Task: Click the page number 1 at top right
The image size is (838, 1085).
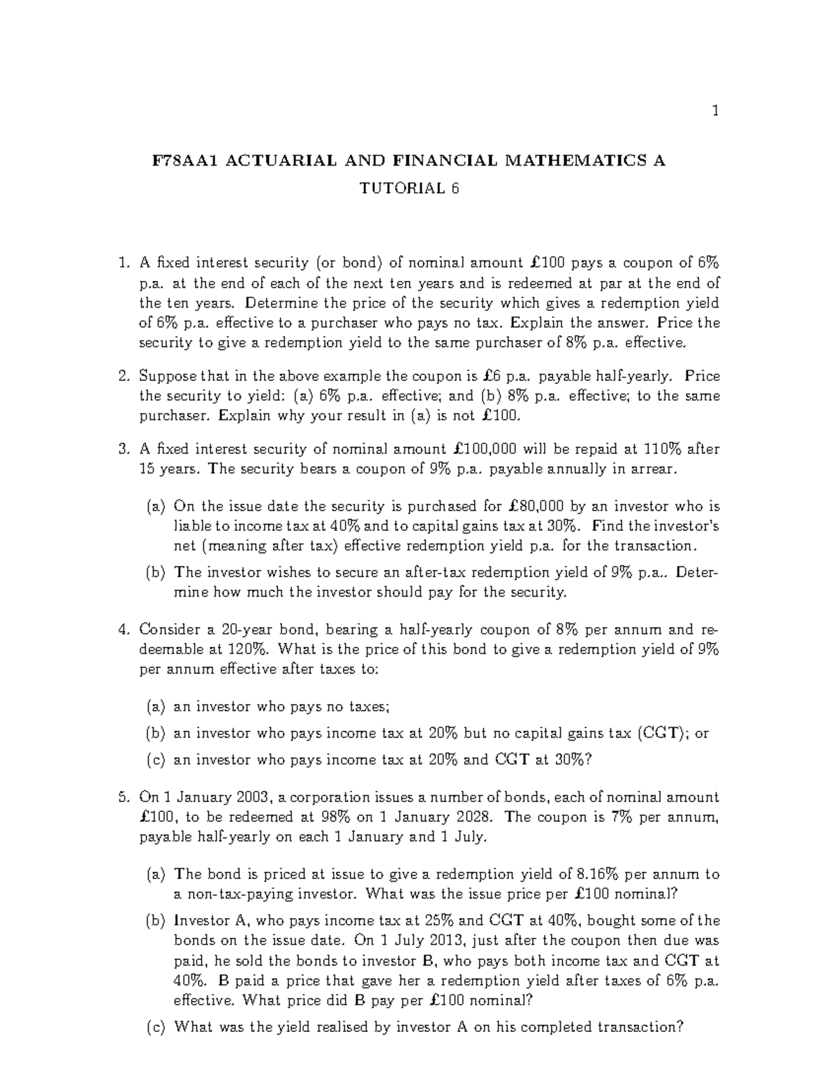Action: pos(715,110)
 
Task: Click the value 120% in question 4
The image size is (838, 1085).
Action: pos(247,649)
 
